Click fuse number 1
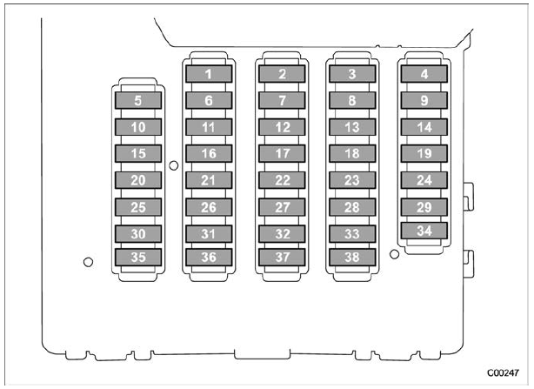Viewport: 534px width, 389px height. tap(209, 75)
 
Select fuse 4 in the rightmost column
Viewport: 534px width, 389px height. tap(424, 75)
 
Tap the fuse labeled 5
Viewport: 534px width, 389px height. tap(138, 101)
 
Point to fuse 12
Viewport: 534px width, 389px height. tap(281, 127)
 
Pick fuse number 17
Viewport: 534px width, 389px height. tap(281, 153)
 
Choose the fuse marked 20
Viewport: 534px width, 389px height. tap(138, 179)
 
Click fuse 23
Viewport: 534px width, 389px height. tap(352, 179)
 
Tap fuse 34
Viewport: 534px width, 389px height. tap(424, 231)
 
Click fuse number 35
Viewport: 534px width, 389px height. tap(138, 257)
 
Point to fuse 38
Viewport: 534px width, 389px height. tap(352, 257)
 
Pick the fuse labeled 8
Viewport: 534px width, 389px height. tap(352, 101)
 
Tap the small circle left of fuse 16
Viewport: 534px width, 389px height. tap(174, 164)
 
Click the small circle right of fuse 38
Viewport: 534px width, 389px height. tap(394, 255)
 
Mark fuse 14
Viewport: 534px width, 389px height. tap(424, 127)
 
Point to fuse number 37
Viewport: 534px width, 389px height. tap(281, 257)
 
